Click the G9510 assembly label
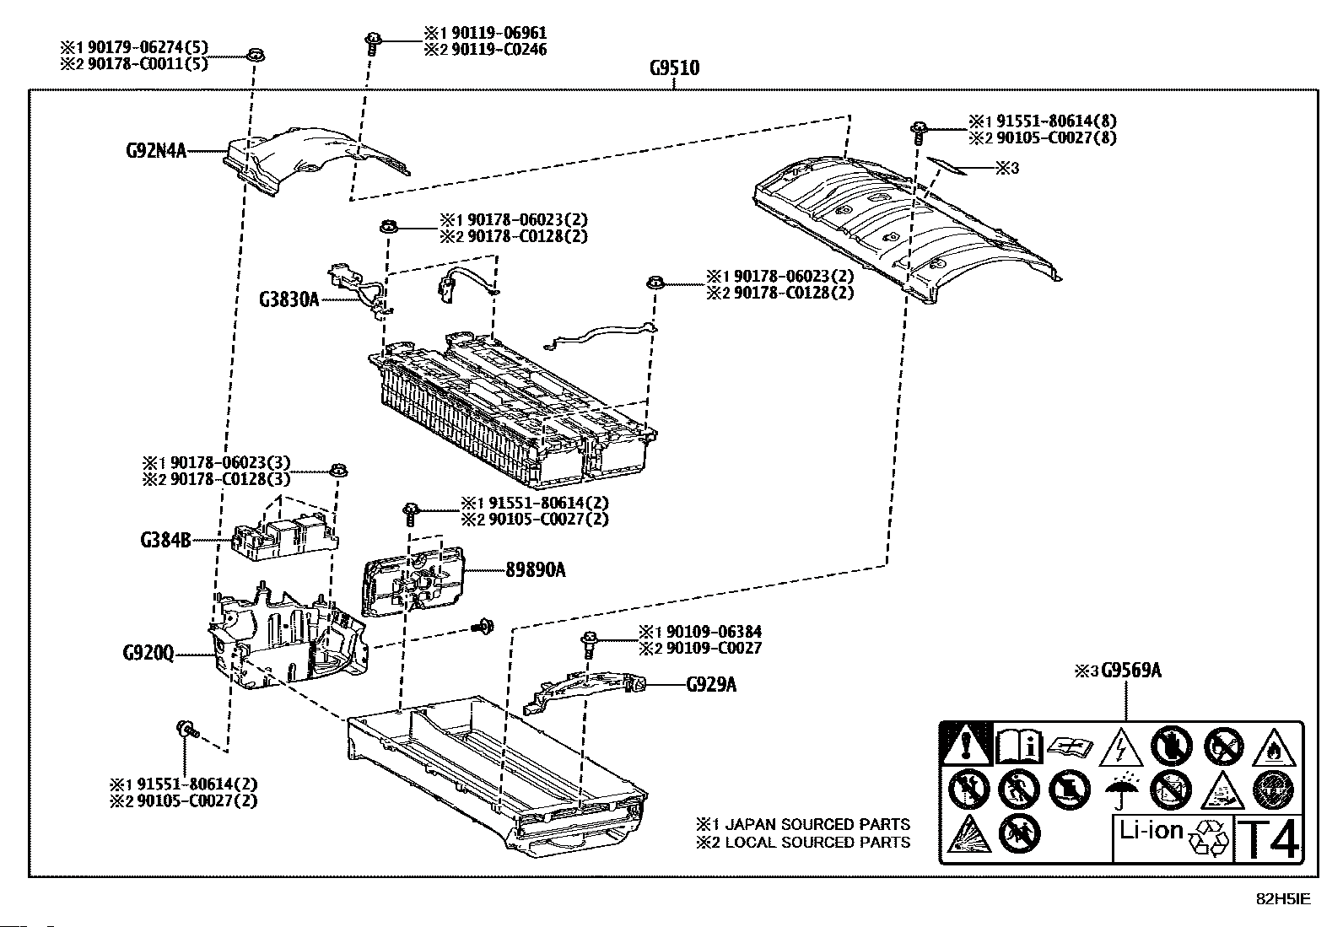(675, 67)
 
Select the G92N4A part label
(156, 150)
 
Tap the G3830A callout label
(289, 299)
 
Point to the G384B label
(165, 540)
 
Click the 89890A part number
(536, 569)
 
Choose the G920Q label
(148, 652)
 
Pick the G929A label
(711, 684)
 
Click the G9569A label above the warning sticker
(1131, 671)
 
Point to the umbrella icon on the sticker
(1120, 790)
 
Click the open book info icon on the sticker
(1019, 746)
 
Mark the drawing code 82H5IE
(1283, 899)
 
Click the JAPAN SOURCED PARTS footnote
(803, 824)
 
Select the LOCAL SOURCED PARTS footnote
(803, 843)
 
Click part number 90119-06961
(499, 32)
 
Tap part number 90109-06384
(714, 632)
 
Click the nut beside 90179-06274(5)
(256, 55)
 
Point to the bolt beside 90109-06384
(590, 644)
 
